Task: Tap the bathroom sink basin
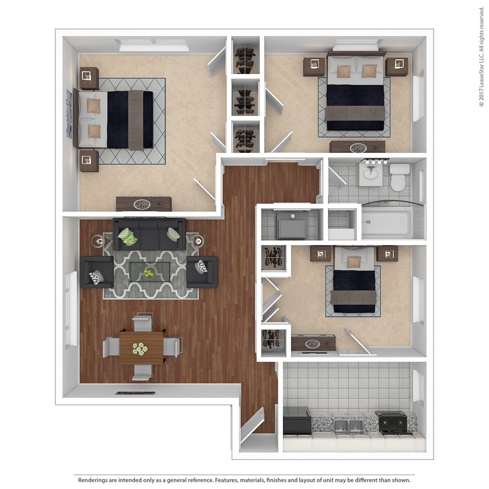click(x=371, y=175)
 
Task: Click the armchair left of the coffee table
click(x=96, y=272)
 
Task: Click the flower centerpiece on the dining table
click(x=140, y=349)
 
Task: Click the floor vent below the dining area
click(x=135, y=393)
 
